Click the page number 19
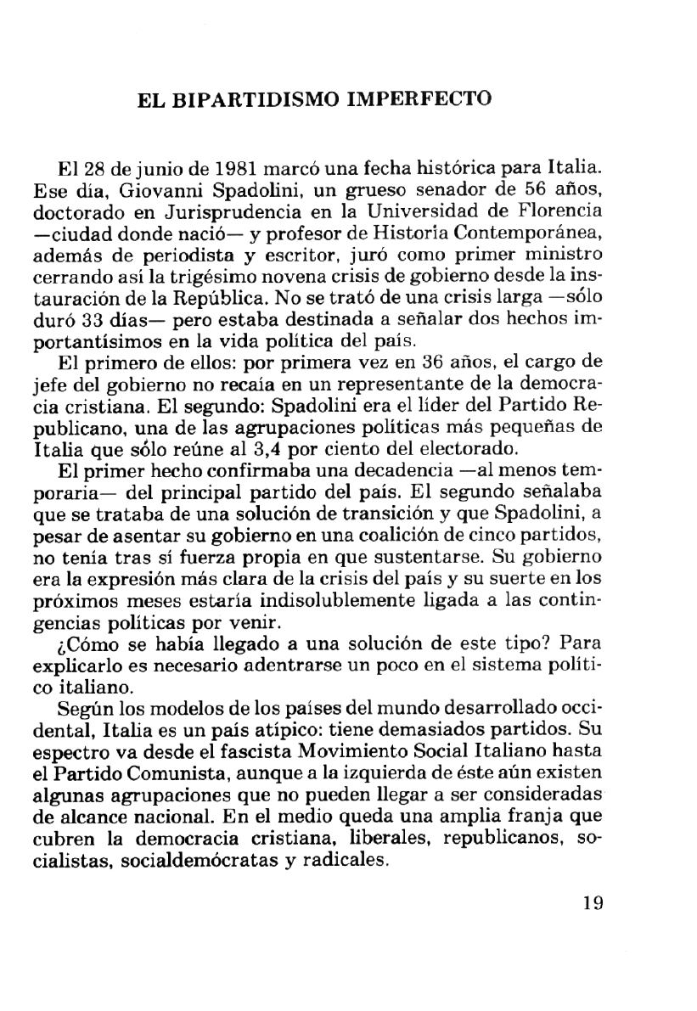coord(593,903)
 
